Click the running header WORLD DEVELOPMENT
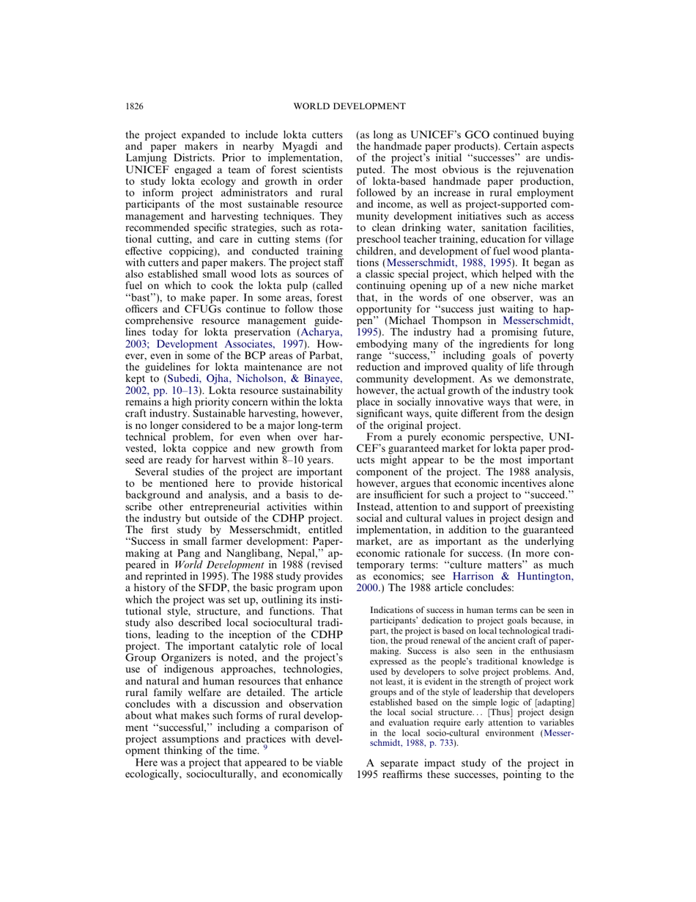click(x=349, y=106)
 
